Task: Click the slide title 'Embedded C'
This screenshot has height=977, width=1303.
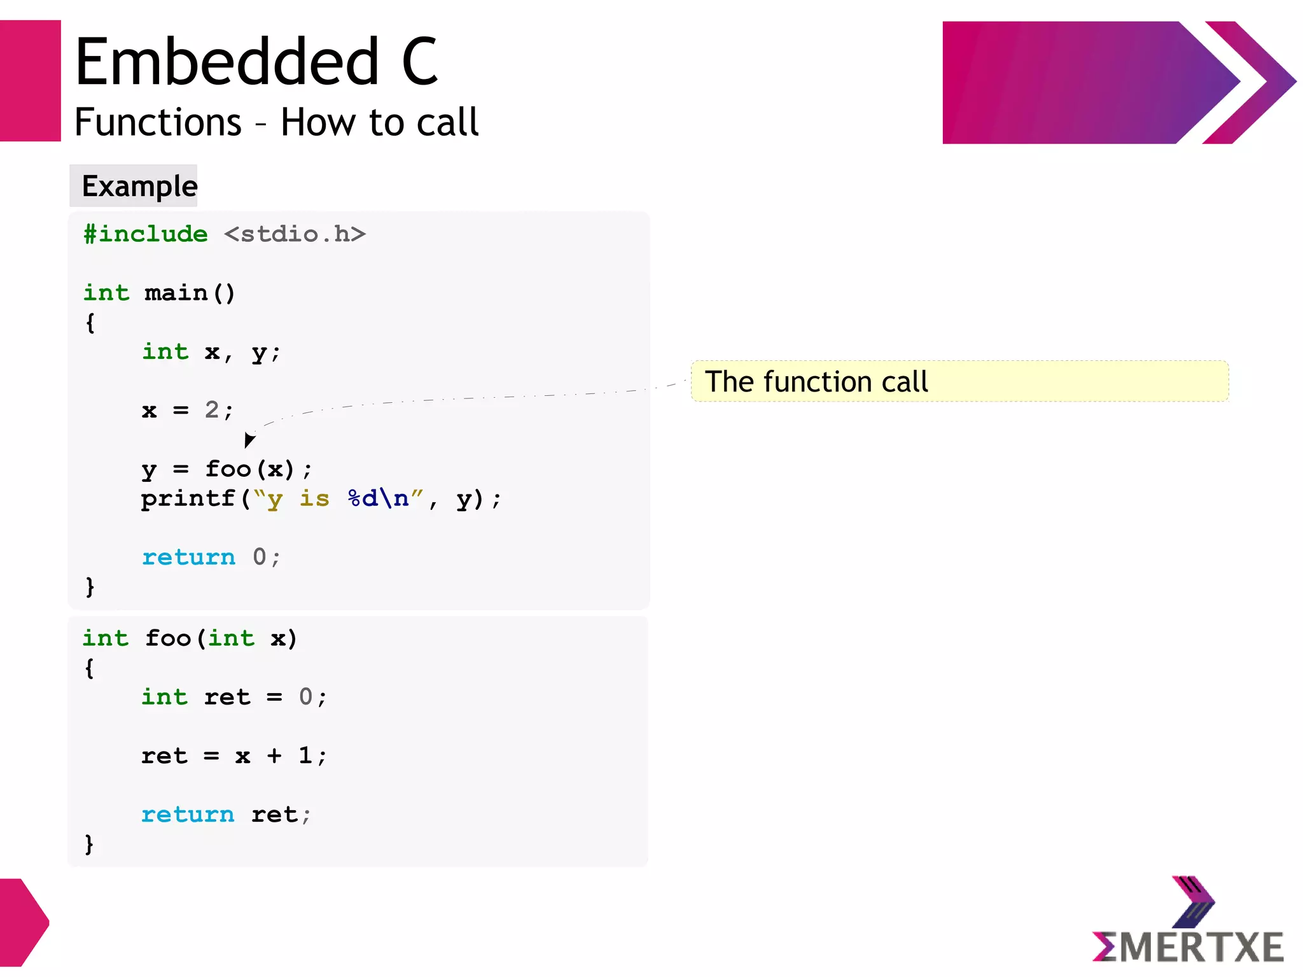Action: (256, 62)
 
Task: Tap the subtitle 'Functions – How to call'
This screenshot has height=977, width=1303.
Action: (276, 122)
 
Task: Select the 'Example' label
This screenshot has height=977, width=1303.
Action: (139, 186)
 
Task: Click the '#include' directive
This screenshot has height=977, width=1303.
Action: (146, 234)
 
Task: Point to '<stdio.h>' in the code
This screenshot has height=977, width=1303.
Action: (295, 234)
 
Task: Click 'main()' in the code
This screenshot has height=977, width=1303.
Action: (190, 293)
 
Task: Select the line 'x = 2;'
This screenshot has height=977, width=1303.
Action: (188, 410)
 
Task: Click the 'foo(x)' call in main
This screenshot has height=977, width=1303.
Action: (249, 469)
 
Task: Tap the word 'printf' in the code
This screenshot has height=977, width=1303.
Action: (188, 498)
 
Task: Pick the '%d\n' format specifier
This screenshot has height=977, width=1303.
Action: (379, 498)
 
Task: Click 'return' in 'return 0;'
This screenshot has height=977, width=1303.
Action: (188, 558)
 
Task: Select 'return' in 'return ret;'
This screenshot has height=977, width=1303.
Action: (188, 815)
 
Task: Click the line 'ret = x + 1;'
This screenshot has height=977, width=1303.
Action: (233, 756)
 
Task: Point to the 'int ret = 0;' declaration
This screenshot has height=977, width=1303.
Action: (233, 697)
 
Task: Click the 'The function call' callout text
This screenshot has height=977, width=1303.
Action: (816, 382)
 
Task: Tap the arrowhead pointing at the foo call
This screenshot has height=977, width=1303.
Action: (249, 440)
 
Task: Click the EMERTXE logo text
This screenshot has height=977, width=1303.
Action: (1188, 946)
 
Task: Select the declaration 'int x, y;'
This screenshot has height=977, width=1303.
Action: (211, 352)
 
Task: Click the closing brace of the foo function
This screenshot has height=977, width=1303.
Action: (89, 844)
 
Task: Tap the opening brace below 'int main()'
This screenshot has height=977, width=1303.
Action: (90, 323)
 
